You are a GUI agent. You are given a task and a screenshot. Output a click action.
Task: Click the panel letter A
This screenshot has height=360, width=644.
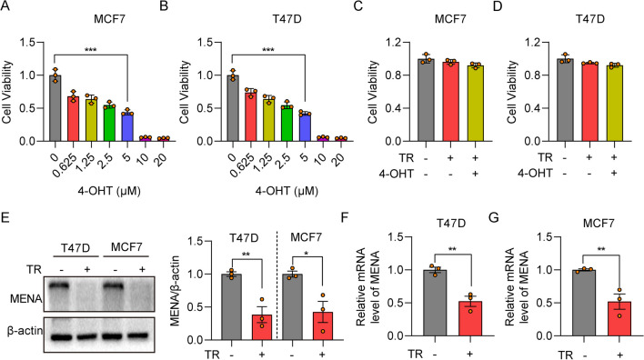[8, 11]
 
